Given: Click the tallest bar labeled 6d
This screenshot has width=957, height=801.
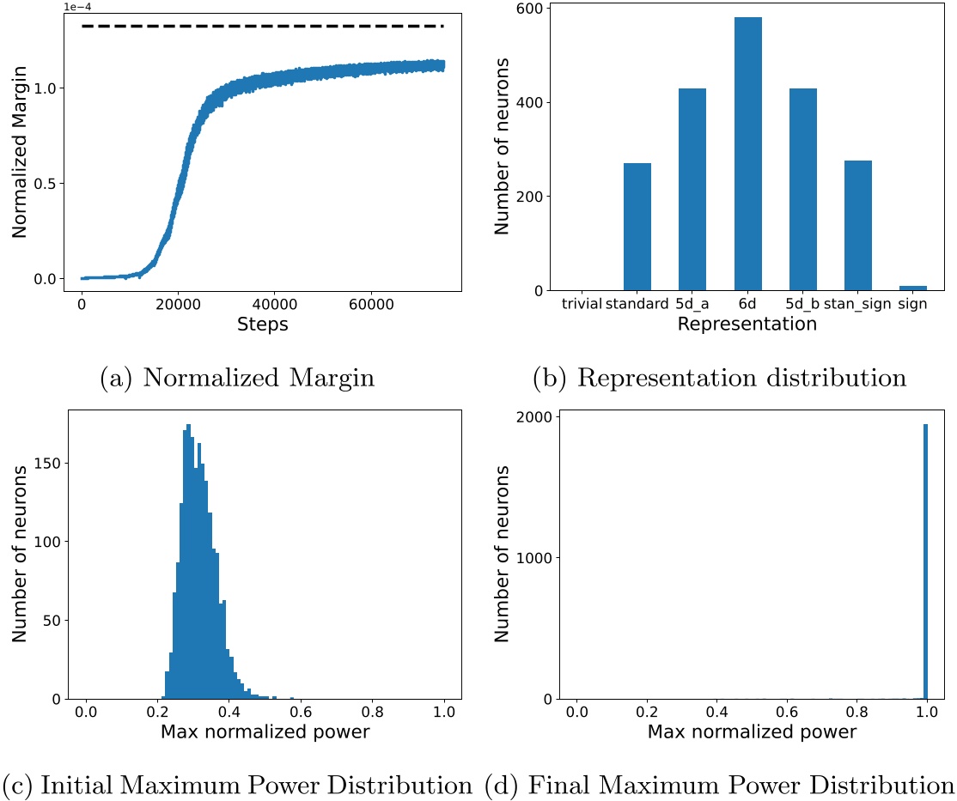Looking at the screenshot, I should pyautogui.click(x=747, y=155).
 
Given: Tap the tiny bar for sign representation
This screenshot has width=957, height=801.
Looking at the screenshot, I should pyautogui.click(x=912, y=288).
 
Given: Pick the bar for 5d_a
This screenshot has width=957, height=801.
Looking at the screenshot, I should pyautogui.click(x=692, y=197).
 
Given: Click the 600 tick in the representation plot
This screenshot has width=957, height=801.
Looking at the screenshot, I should pyautogui.click(x=525, y=9).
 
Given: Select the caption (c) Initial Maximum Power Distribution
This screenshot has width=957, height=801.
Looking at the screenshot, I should pyautogui.click(x=236, y=785).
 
